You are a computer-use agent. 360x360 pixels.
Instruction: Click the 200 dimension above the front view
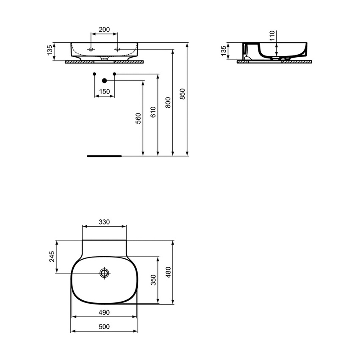[x=104, y=30]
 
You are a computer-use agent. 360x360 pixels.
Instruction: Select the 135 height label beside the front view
[x=50, y=51]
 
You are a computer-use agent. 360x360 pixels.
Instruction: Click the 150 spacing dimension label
[x=104, y=91]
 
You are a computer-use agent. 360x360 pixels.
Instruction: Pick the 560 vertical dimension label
[x=138, y=118]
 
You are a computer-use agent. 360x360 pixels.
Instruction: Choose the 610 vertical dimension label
[x=153, y=112]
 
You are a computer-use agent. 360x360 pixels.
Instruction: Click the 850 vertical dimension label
[x=183, y=94]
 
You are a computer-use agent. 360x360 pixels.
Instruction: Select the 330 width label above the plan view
[x=104, y=222]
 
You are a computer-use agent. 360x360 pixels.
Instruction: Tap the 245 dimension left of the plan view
[x=52, y=257]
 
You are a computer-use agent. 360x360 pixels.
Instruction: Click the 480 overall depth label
[x=168, y=272]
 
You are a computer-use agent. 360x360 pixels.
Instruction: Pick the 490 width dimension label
[x=104, y=313]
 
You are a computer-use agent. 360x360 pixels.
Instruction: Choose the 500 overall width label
[x=104, y=327]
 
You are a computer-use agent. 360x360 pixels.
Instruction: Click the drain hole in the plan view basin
[x=104, y=273]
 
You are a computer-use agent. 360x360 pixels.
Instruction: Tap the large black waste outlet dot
[x=104, y=80]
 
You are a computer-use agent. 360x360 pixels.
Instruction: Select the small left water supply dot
[x=94, y=74]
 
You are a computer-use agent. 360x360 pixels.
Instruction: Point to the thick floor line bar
[x=104, y=156]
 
